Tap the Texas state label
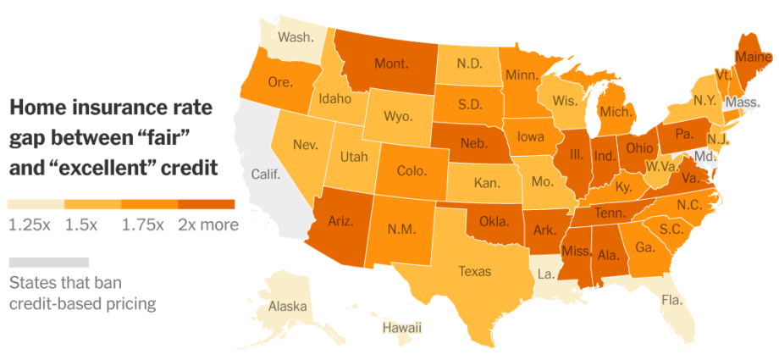[474, 271]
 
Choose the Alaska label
[288, 307]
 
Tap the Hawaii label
[401, 328]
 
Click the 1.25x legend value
[30, 224]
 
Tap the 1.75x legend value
[143, 224]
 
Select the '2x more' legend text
[208, 224]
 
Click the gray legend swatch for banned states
[48, 262]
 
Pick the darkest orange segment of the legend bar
[207, 204]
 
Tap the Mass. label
[742, 102]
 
